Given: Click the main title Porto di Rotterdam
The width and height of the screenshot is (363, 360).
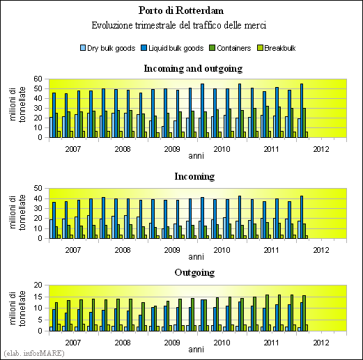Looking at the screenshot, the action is [x=181, y=10].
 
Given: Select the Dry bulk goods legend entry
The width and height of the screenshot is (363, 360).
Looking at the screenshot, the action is [x=107, y=48].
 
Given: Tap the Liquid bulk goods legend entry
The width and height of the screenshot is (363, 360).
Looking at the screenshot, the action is [x=172, y=48].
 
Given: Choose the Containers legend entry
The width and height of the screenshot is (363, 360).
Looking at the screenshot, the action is [x=230, y=48].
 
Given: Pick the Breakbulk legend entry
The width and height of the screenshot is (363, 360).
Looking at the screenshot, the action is [x=277, y=48].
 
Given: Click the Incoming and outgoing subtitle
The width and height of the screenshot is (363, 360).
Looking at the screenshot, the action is [x=193, y=68].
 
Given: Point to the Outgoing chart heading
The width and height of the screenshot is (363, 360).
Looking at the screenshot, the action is [x=194, y=272].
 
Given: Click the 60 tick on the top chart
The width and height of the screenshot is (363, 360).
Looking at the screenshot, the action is [x=38, y=79].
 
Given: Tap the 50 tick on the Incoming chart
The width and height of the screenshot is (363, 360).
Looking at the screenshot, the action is [x=38, y=188].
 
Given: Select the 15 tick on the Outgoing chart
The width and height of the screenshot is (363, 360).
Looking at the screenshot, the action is [x=38, y=297].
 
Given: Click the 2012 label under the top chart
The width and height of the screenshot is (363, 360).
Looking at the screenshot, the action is [x=321, y=149].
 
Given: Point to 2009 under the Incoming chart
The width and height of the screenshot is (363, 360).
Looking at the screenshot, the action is [x=172, y=250].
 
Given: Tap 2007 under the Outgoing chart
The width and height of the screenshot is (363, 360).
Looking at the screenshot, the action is [x=73, y=343].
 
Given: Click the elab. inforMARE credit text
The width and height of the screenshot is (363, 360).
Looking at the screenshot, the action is [x=34, y=353].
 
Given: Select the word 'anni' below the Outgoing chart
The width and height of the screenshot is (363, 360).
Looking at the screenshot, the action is [x=196, y=350].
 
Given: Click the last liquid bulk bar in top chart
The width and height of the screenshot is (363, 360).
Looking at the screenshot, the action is [x=302, y=111].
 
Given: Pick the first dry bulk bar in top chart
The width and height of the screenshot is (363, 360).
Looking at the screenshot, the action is [x=51, y=127].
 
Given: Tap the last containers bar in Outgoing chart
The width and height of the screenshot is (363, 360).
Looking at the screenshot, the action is [x=304, y=313].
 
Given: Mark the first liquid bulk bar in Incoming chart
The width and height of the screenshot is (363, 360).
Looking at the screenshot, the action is [x=54, y=220].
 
